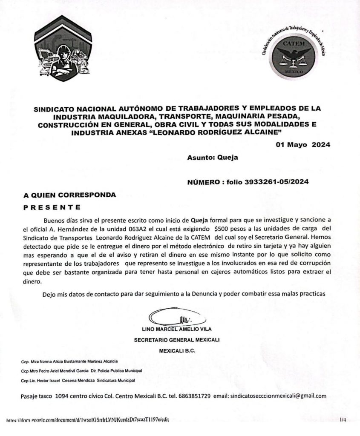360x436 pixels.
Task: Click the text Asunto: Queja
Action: point(212,157)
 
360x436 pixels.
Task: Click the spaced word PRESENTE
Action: point(52,208)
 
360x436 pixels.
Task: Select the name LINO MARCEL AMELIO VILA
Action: point(179,329)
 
